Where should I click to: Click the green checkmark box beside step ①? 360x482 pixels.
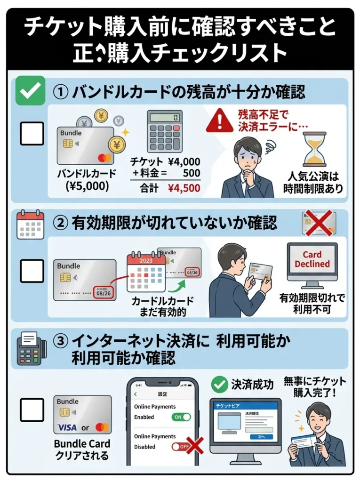[x=31, y=90]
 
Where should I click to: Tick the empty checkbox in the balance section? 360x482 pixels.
[x=32, y=133]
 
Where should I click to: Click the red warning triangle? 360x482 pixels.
[x=219, y=120]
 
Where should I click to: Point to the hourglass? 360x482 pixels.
[x=314, y=149]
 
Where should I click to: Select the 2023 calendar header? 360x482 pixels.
[x=146, y=259]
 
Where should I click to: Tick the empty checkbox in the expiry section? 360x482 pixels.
[x=32, y=271]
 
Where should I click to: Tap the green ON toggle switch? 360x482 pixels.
[x=181, y=417]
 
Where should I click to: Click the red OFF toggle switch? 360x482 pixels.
[x=180, y=446]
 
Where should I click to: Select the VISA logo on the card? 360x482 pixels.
[x=67, y=428]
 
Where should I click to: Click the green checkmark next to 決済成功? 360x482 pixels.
[x=219, y=385]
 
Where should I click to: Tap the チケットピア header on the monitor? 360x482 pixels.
[x=245, y=404]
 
